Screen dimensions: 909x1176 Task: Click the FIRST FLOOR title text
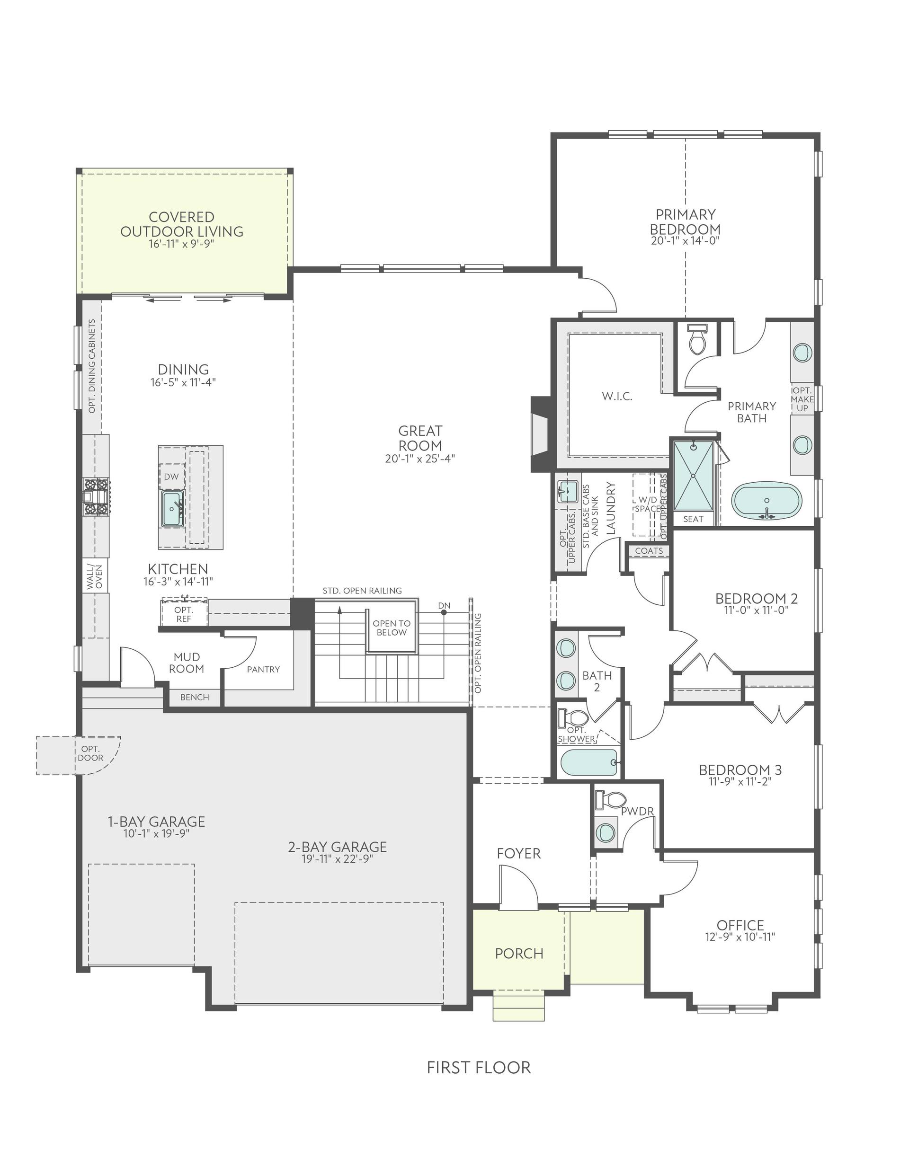(x=479, y=1067)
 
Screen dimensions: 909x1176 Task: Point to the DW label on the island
(x=171, y=477)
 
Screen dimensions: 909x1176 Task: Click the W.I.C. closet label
(x=617, y=396)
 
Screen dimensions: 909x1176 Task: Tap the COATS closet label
(x=649, y=551)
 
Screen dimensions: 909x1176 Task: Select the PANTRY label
(x=264, y=669)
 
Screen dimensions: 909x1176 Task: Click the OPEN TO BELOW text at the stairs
(x=392, y=628)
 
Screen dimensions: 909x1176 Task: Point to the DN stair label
(x=444, y=606)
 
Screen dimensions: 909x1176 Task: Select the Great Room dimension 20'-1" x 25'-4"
(x=420, y=459)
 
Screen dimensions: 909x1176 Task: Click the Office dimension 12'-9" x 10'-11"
(x=740, y=937)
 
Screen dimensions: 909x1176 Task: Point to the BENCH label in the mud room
(x=195, y=697)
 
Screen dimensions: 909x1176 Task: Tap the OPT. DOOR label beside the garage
(x=90, y=753)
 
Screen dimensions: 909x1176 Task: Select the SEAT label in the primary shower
(x=694, y=519)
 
